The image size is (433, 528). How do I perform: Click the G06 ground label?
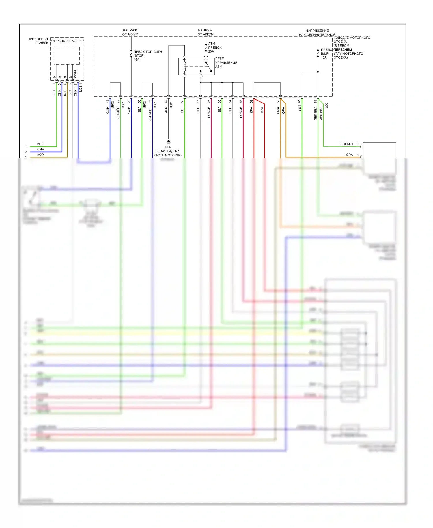click(x=168, y=147)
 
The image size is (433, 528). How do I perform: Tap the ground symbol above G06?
click(x=169, y=142)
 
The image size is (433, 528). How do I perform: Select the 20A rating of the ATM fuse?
click(x=211, y=51)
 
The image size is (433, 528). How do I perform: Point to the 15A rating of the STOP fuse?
click(x=136, y=60)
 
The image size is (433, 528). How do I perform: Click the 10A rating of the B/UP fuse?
click(x=324, y=57)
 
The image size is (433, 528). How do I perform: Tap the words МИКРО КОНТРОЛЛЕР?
click(x=67, y=41)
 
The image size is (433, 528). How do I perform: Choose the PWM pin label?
click(x=75, y=74)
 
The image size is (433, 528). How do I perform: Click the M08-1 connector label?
click(x=81, y=88)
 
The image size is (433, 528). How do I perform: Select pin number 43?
click(x=107, y=101)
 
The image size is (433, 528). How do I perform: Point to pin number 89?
click(x=315, y=101)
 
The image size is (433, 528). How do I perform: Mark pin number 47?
click(x=166, y=101)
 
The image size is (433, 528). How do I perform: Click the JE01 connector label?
click(x=171, y=105)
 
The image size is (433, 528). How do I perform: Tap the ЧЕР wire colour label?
click(x=166, y=110)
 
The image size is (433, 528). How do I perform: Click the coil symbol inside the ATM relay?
click(x=185, y=66)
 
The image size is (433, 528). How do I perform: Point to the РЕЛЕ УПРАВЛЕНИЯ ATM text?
click(x=226, y=63)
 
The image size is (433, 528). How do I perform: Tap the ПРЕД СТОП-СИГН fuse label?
click(x=148, y=52)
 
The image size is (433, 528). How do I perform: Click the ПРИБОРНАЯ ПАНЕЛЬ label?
click(x=38, y=41)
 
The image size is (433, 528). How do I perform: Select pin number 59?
click(x=251, y=101)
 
